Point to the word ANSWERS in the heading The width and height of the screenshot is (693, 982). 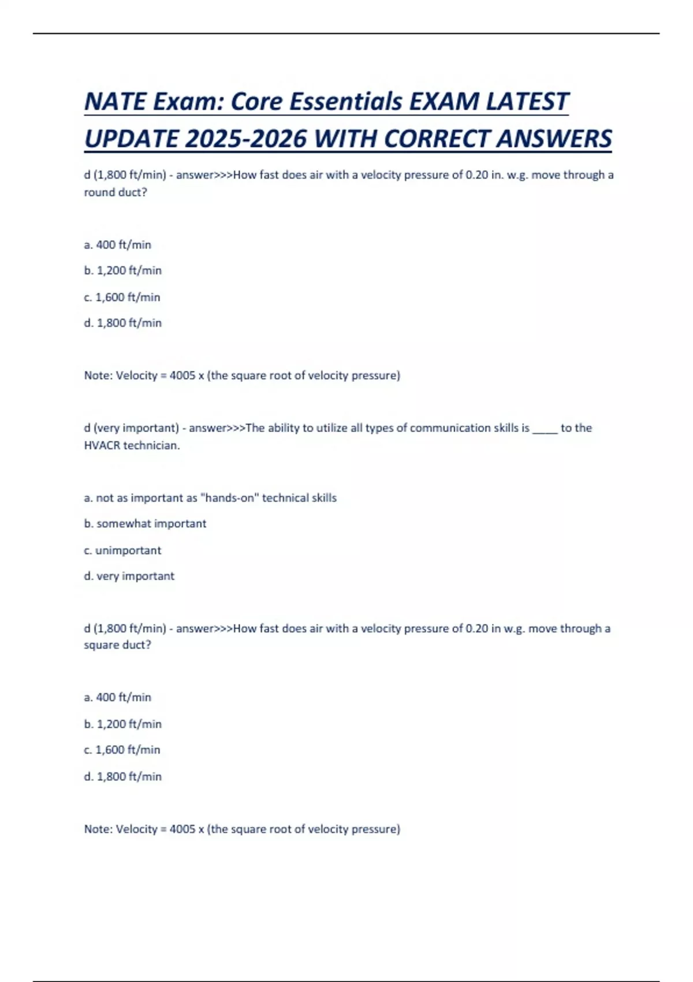click(x=554, y=139)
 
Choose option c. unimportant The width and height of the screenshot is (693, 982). click(x=122, y=550)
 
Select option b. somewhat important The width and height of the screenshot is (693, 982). click(x=145, y=524)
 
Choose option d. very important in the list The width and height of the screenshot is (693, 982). click(x=129, y=576)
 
